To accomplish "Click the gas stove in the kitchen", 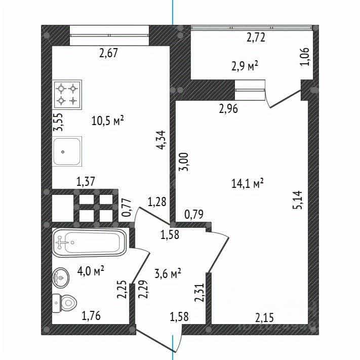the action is click(67, 94).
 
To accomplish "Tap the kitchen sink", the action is click(67, 151).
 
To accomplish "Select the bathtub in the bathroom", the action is click(90, 243).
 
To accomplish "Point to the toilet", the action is click(64, 303).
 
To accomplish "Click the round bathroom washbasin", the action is click(61, 277).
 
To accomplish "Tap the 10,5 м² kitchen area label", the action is click(107, 121).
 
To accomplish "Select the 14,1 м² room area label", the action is click(247, 183).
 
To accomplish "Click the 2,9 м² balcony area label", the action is click(245, 66).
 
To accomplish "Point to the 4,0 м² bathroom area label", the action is click(91, 271).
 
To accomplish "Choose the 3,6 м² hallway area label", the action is click(168, 274).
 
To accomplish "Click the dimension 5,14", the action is click(298, 199).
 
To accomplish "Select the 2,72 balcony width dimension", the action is click(256, 37).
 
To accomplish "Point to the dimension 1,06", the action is click(305, 57).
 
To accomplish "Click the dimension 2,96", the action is click(228, 108).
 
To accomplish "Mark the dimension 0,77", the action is click(127, 208).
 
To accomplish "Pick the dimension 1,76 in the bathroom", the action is click(91, 316).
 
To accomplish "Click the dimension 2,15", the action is click(264, 318).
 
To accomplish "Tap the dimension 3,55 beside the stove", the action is click(58, 122).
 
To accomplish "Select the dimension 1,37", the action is click(86, 182).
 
